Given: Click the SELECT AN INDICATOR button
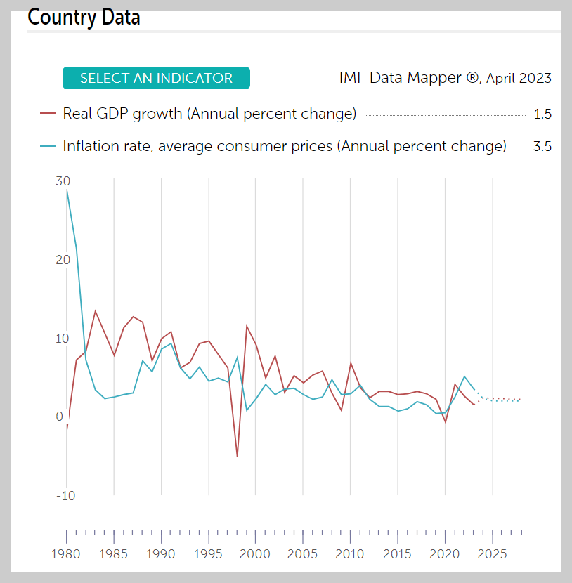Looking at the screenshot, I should tap(156, 78).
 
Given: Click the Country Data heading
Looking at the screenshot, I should tap(84, 17).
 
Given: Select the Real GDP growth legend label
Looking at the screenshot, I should tap(209, 113).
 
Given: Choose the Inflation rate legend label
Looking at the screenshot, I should tap(284, 146).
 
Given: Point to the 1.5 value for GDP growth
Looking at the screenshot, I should tap(542, 114).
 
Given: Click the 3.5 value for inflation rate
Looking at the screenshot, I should tap(542, 147).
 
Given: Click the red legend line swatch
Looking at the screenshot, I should tap(48, 113).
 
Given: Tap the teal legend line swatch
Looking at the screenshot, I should tap(48, 146).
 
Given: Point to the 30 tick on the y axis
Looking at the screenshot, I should tap(63, 181).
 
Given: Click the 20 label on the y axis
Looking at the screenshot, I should tap(63, 260).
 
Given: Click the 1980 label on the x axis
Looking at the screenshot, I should tap(67, 553).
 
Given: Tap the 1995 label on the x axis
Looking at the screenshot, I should tap(209, 553).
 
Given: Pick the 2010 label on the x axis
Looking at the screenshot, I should tap(351, 553).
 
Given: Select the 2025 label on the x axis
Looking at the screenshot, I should tap(493, 553).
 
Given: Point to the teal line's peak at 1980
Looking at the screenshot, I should tap(67, 190).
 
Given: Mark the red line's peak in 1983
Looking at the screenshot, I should tap(95, 310).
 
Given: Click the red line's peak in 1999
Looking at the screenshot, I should tap(247, 325).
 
